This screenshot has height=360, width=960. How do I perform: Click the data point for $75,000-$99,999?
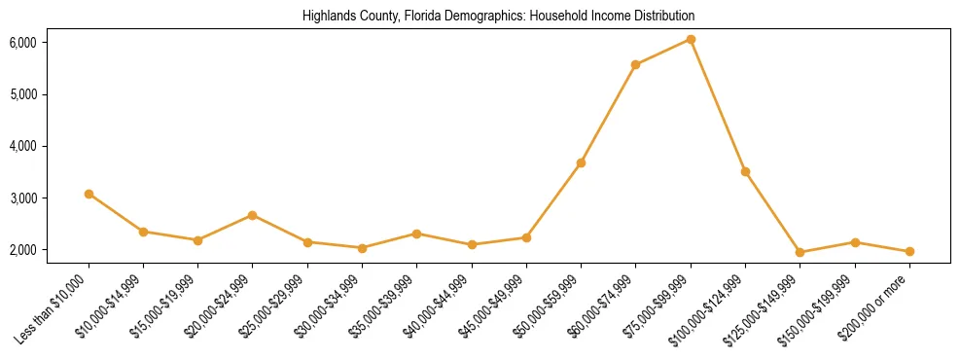(x=691, y=40)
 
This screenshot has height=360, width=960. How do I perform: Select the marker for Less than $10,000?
(x=89, y=194)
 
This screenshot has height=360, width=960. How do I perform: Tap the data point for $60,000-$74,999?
(x=635, y=65)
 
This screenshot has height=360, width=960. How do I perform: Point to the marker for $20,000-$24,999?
(x=253, y=215)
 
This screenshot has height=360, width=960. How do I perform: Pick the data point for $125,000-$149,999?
(x=800, y=253)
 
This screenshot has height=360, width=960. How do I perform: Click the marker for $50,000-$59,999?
(x=581, y=162)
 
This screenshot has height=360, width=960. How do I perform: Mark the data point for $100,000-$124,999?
(x=745, y=171)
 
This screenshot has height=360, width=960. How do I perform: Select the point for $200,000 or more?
(x=909, y=252)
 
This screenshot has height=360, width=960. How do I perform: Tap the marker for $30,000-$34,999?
(x=362, y=248)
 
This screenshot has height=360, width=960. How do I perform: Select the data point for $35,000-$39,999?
(x=416, y=234)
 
